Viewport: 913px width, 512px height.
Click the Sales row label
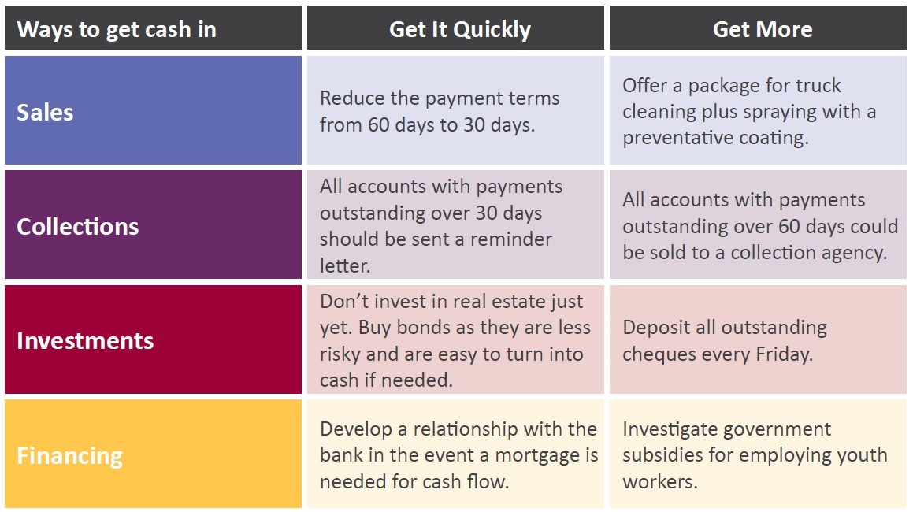click(45, 113)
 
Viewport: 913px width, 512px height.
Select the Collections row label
click(77, 227)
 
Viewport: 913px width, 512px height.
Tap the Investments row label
click(85, 341)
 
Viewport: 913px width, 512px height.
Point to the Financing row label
click(69, 456)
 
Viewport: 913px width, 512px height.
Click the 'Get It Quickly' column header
click(460, 30)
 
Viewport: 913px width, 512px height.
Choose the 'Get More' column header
click(763, 29)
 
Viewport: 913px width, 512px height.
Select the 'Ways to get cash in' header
click(117, 30)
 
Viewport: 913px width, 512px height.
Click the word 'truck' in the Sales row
click(818, 86)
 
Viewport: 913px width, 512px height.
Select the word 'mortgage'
click(538, 456)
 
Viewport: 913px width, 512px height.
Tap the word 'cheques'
click(655, 354)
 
